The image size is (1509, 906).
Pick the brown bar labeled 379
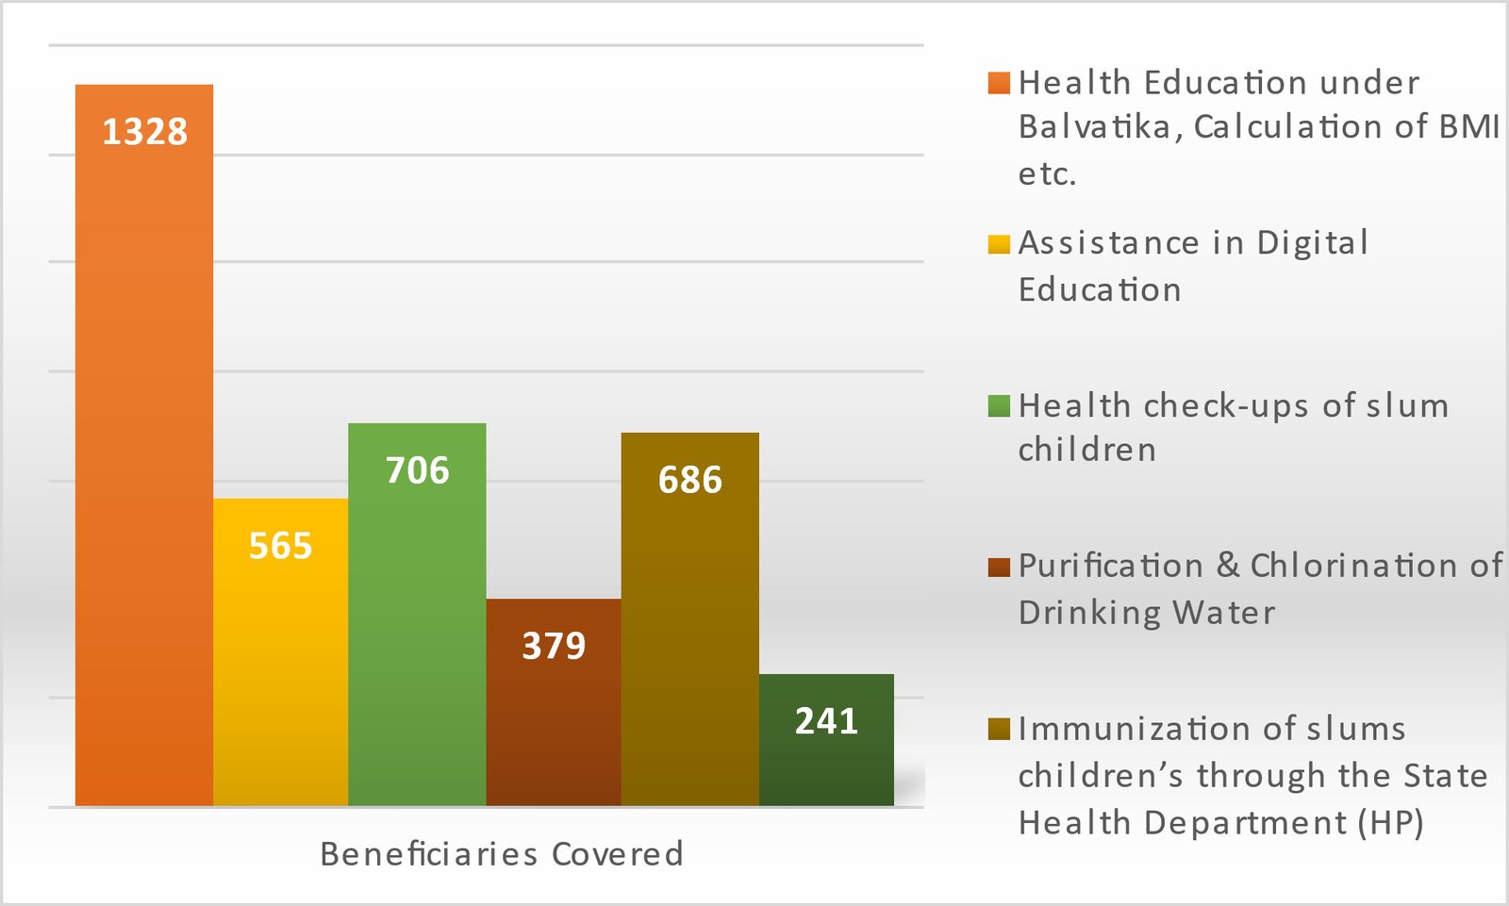click(x=554, y=726)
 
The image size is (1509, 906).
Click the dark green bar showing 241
click(x=826, y=764)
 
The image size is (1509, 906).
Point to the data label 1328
click(x=144, y=132)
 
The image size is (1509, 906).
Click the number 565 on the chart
click(x=280, y=546)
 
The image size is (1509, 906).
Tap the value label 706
click(x=417, y=470)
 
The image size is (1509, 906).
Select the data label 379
click(x=554, y=646)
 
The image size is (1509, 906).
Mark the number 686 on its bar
click(x=689, y=480)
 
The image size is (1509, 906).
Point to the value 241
click(x=826, y=721)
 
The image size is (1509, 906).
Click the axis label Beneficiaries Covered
click(x=501, y=853)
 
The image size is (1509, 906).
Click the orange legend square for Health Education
click(x=999, y=83)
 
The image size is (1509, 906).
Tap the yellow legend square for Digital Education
click(x=999, y=244)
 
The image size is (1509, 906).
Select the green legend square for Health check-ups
click(x=999, y=406)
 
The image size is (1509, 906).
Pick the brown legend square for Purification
click(x=999, y=567)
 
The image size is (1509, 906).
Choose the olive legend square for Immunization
click(x=999, y=729)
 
